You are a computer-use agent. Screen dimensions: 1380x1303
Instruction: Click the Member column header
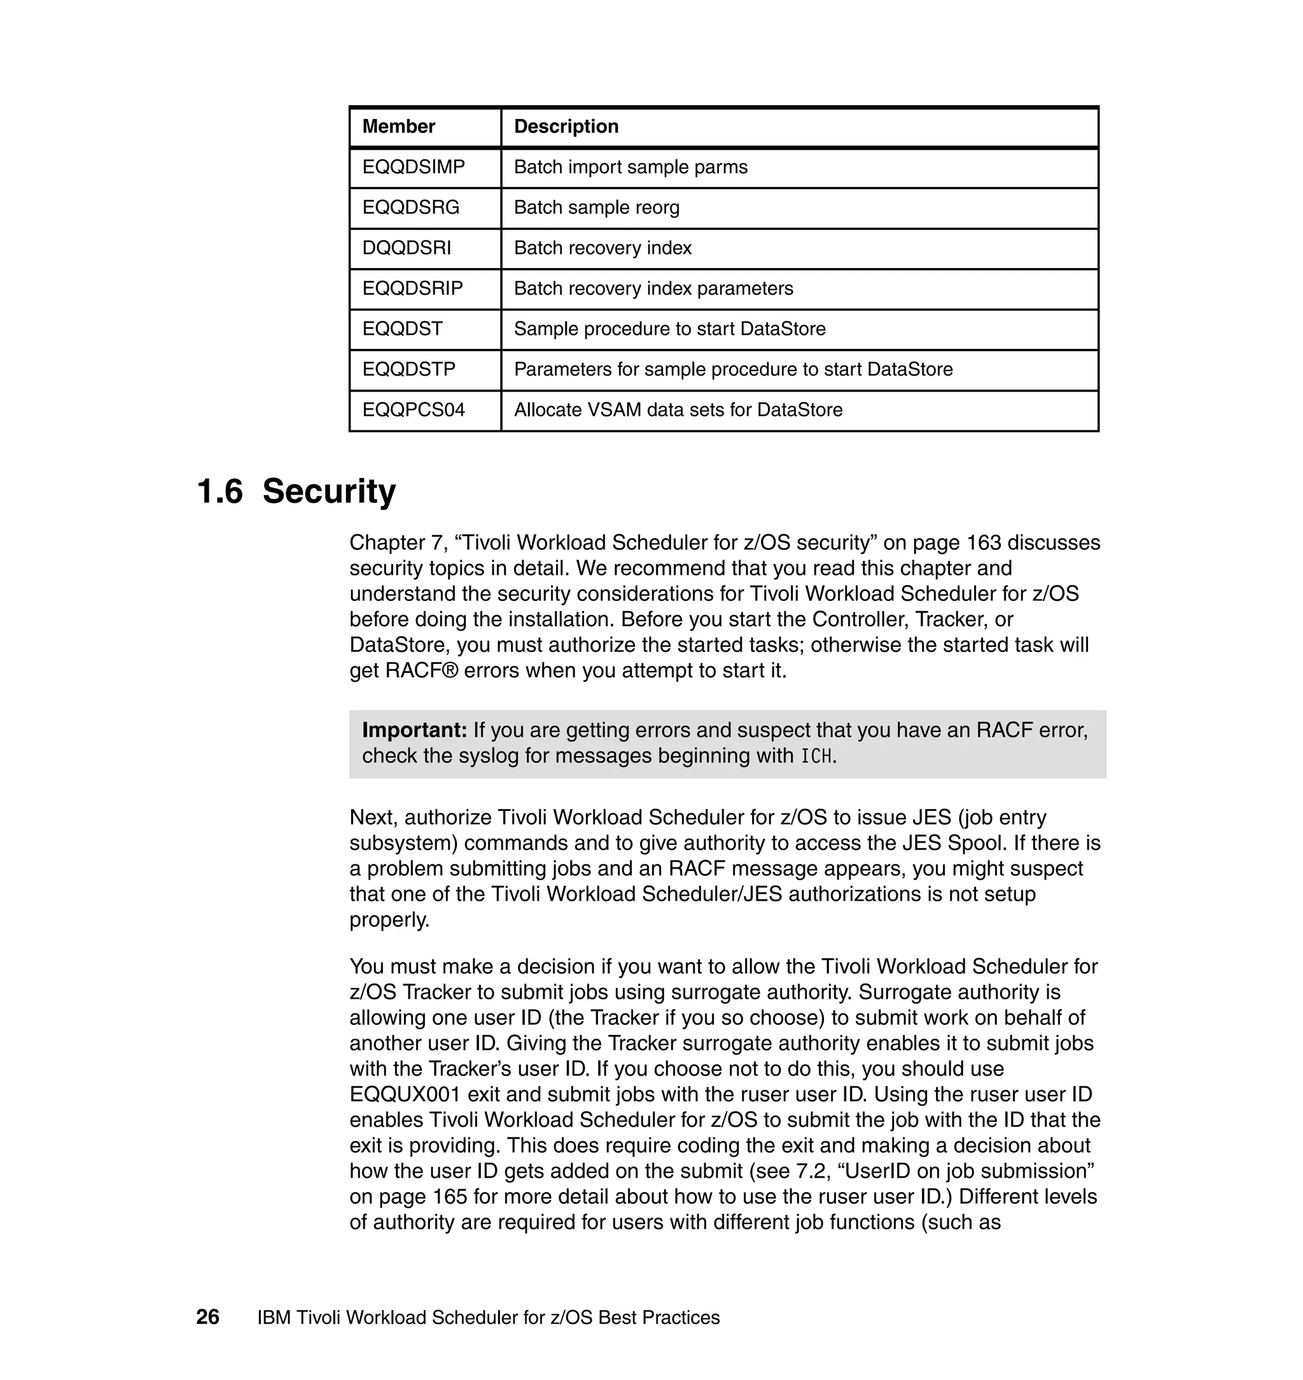(398, 127)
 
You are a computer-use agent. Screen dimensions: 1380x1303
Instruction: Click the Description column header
(566, 127)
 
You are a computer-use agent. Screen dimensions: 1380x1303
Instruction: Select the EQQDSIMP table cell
(414, 167)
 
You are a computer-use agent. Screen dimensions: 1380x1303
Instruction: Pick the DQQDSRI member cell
(407, 248)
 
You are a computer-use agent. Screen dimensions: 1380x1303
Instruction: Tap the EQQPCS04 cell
(414, 410)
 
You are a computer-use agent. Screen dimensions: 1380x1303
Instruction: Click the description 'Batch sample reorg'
(596, 208)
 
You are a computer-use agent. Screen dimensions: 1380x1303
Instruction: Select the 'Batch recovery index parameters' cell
(653, 288)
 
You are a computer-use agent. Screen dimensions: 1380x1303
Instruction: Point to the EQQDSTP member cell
(408, 370)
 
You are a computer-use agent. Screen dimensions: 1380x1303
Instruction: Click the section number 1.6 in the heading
(220, 492)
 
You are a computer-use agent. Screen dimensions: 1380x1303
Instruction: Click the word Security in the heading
(328, 492)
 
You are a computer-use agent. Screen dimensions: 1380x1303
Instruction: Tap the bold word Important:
(415, 730)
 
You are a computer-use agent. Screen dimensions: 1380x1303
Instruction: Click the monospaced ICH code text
(816, 757)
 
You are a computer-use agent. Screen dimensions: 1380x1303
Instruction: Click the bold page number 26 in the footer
(207, 1318)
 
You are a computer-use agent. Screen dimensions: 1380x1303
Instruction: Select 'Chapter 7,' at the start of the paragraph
(399, 543)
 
